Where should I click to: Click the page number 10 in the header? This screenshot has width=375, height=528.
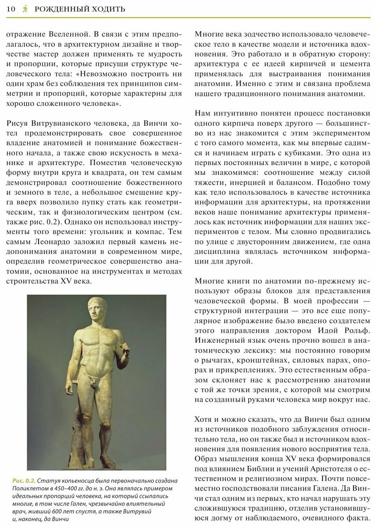click(11, 9)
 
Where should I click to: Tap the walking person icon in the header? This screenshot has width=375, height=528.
click(25, 9)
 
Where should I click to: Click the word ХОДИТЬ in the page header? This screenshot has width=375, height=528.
click(109, 9)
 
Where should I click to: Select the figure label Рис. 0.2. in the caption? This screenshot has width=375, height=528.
click(24, 481)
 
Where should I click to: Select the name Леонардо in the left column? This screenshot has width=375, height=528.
click(53, 242)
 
